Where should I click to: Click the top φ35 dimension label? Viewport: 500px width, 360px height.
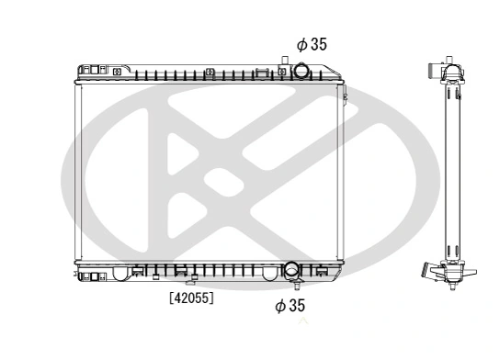(311, 43)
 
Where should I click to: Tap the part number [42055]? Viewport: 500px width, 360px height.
(190, 298)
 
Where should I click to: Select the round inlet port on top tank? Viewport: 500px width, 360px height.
(302, 71)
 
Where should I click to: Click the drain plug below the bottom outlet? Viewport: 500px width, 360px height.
(290, 284)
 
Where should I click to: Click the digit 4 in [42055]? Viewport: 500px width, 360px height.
(176, 298)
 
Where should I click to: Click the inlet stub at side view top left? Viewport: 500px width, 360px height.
(438, 74)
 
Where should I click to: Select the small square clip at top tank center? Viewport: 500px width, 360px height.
(210, 71)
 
